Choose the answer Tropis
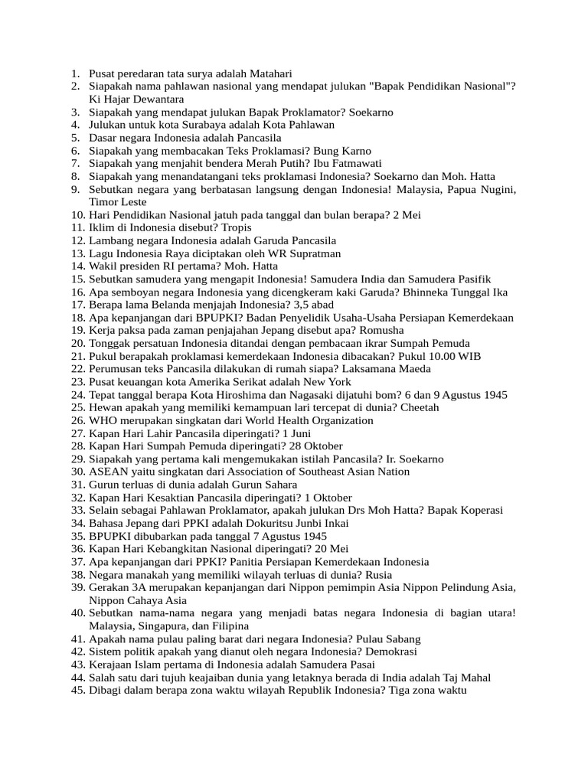coord(231,227)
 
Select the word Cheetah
coord(418,407)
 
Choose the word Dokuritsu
coord(246,523)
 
